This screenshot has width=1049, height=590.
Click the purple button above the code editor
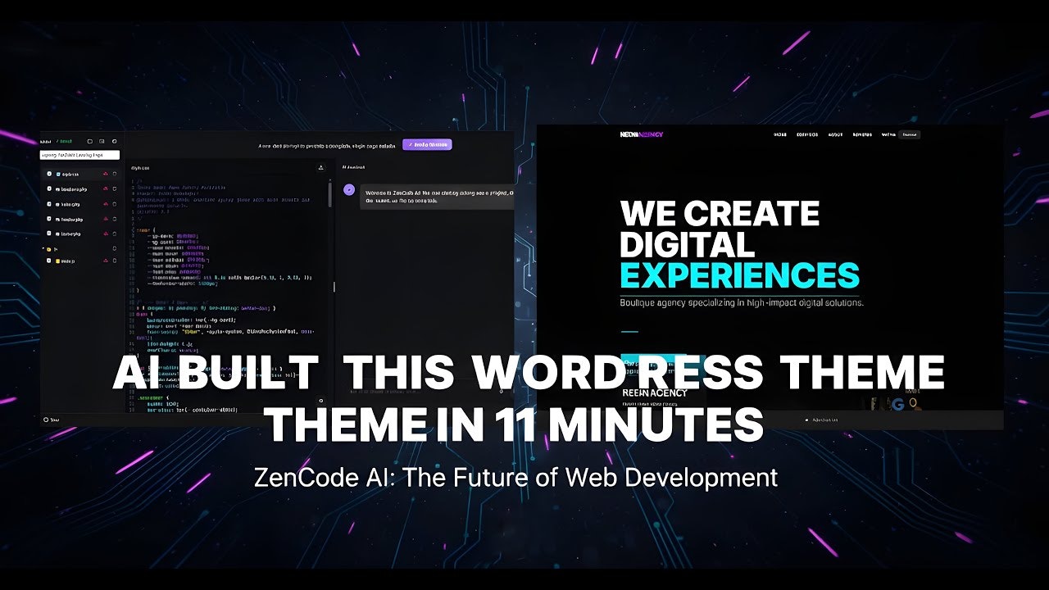pyautogui.click(x=427, y=144)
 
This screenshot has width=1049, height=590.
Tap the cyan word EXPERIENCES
pyautogui.click(x=739, y=275)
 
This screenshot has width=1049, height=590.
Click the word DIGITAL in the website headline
pyautogui.click(x=687, y=244)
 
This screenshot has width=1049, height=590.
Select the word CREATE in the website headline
pyautogui.click(x=752, y=214)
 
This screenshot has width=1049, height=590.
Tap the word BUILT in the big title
pyautogui.click(x=248, y=374)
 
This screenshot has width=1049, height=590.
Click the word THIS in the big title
pyautogui.click(x=397, y=374)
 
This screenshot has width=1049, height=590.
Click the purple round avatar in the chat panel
pyautogui.click(x=349, y=189)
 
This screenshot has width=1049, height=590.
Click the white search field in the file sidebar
pyautogui.click(x=80, y=155)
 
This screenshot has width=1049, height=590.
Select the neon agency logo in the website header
pyautogui.click(x=642, y=134)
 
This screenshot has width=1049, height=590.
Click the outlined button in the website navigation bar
pyautogui.click(x=909, y=134)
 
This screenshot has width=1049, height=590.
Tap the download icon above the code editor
pyautogui.click(x=321, y=168)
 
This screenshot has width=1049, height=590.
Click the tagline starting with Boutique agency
pyautogui.click(x=742, y=302)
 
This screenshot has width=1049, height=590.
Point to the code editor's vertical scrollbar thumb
pyautogui.click(x=330, y=194)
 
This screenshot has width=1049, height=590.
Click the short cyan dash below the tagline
pyautogui.click(x=629, y=332)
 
